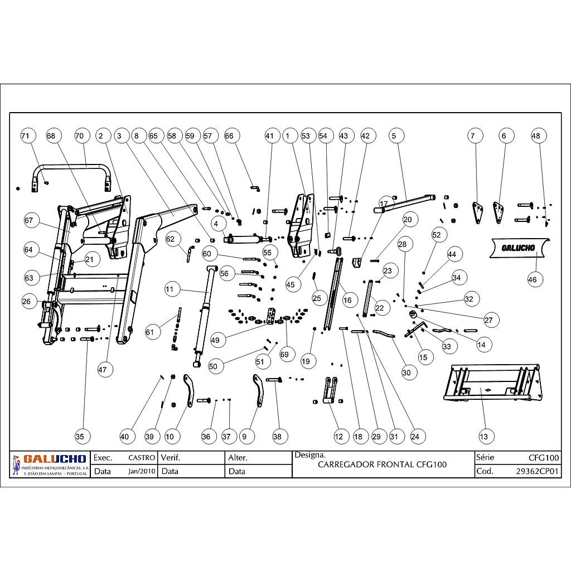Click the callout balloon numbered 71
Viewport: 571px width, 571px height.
[25, 136]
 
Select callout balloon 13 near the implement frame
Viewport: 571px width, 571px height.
[483, 436]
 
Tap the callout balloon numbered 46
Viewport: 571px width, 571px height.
[533, 279]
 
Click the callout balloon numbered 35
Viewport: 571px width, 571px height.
[80, 436]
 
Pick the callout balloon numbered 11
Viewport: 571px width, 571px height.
[170, 289]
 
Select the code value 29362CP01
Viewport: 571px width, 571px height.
[538, 471]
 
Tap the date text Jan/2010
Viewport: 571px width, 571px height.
[142, 471]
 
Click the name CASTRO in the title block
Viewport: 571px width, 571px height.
[142, 458]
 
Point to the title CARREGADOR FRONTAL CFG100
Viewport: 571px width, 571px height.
[382, 464]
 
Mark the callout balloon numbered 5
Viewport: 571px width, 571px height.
[394, 136]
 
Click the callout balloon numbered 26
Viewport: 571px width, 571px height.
[27, 302]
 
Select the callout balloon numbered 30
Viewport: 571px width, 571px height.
[406, 372]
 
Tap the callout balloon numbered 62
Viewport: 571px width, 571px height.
[170, 239]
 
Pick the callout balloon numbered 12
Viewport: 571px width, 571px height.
[338, 436]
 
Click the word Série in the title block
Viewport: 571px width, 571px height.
[486, 458]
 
